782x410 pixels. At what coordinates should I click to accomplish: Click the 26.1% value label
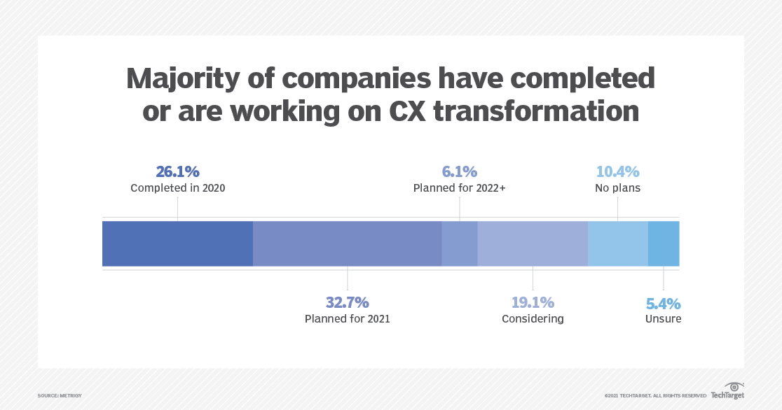click(177, 172)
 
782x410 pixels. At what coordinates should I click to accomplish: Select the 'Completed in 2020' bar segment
click(177, 243)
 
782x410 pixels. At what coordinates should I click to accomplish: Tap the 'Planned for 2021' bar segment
click(347, 243)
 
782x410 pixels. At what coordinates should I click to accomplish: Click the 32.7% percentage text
click(347, 303)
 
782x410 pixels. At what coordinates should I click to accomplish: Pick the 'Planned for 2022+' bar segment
click(459, 243)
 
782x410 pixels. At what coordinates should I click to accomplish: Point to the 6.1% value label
click(459, 172)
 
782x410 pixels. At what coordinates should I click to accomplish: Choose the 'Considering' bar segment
click(533, 243)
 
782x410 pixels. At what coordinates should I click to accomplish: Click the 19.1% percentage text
click(533, 303)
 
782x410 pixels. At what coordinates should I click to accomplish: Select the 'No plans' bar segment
click(617, 243)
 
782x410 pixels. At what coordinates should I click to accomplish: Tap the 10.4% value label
click(617, 172)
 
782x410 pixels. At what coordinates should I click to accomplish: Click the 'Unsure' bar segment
click(664, 243)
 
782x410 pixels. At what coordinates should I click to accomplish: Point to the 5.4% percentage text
click(663, 304)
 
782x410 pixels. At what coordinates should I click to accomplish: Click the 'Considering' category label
click(533, 319)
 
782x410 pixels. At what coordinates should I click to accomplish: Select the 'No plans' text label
click(617, 188)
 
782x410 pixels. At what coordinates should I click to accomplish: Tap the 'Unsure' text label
click(663, 319)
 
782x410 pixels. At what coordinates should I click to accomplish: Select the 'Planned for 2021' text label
click(347, 319)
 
